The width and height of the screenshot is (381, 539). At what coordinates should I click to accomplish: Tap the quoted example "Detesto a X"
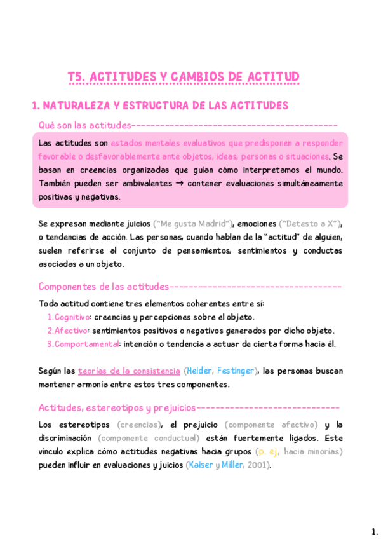coord(311,224)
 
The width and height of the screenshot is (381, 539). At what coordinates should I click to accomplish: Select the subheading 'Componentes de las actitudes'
coord(104,286)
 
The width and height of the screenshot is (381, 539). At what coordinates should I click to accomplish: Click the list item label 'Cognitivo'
coord(71,317)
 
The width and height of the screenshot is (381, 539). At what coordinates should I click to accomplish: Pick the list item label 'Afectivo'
coord(70,331)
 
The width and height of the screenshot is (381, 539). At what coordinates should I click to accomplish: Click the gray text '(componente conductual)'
coord(149,438)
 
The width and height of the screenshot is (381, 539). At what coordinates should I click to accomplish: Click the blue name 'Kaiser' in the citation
coord(201,465)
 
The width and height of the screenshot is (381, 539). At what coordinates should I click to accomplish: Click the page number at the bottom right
coord(373,531)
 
